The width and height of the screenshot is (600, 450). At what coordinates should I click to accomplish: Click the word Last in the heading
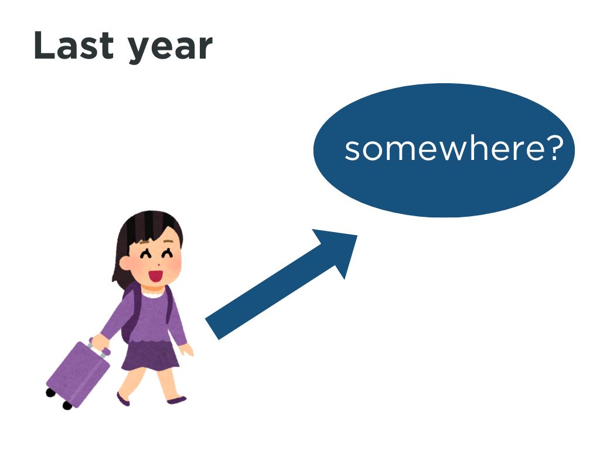click(74, 46)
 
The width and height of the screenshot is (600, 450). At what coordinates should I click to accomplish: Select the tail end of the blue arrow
click(212, 329)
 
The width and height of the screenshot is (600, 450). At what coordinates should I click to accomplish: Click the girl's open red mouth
click(156, 276)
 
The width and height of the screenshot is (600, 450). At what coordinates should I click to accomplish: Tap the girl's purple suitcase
click(78, 373)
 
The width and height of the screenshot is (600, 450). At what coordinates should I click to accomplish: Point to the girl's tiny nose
click(158, 264)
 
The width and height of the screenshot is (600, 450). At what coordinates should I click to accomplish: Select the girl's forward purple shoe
click(176, 400)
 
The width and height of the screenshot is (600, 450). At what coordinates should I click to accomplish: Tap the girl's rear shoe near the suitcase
click(123, 399)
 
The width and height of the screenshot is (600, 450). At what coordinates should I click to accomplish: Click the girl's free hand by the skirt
click(186, 349)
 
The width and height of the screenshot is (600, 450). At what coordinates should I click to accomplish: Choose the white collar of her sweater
click(153, 295)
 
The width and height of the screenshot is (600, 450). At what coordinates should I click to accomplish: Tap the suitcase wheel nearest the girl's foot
click(67, 405)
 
